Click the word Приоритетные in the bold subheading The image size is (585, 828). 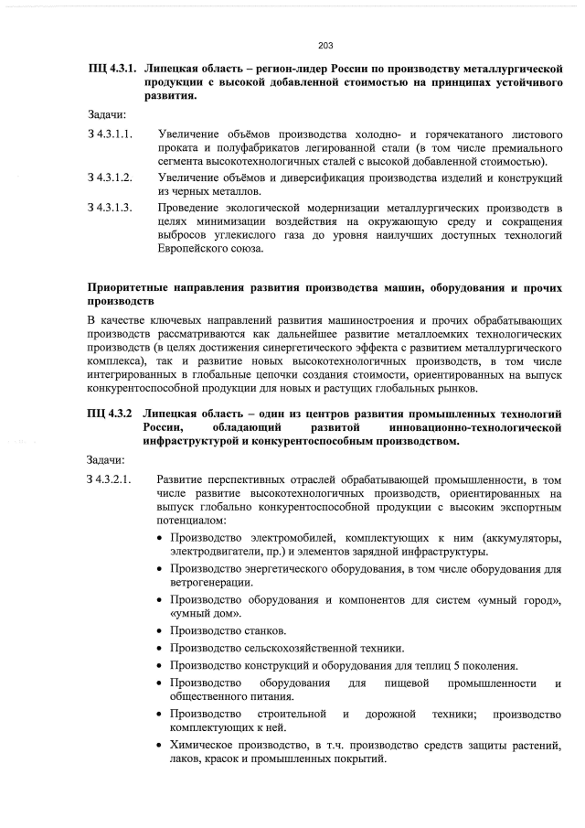[x=129, y=287]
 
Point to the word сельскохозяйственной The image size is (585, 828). [x=300, y=649]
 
